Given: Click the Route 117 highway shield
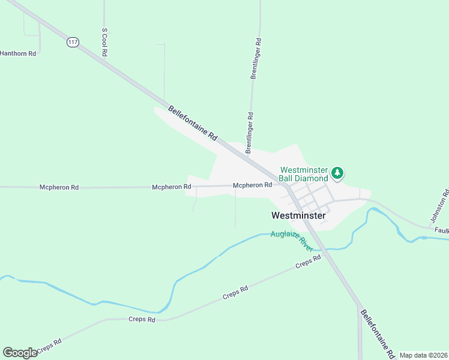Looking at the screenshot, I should coord(73,43).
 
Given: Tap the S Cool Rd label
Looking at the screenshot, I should coord(104,42).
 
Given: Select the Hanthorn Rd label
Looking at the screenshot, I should coord(18,53).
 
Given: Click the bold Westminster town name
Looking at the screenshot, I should coord(298,215).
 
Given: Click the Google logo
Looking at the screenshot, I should coord(20,353).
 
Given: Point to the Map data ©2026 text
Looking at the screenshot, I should coord(423,355).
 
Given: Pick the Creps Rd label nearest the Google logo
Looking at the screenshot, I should coord(49,346).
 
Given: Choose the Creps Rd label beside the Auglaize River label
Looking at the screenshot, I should coord(309,262).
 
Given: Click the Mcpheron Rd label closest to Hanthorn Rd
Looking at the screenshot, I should coord(59,187).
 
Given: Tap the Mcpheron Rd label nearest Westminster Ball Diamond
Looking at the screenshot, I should coord(252,185).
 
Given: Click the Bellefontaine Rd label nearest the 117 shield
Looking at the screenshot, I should coord(192,124).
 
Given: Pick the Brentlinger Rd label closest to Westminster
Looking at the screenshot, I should coord(249,133).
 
